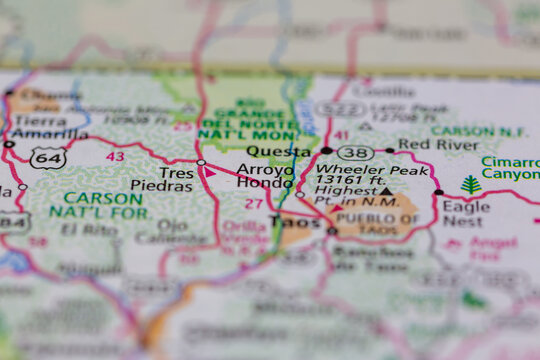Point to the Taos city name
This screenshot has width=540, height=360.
point(301,225)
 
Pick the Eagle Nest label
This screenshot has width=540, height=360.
point(466,214)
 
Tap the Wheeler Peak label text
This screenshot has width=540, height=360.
point(357,170)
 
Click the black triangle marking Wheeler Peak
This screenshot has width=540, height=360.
point(386,190)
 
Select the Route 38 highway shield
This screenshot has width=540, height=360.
point(355,152)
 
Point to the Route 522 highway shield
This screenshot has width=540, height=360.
point(340,108)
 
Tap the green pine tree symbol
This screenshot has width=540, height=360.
point(471,185)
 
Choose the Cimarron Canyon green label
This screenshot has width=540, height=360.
point(510,169)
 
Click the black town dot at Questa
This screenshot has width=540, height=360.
point(326,150)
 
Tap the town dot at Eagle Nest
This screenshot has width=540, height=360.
point(438,192)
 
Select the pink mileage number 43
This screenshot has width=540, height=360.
point(115,156)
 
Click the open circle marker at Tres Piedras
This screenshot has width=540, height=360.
point(201,162)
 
